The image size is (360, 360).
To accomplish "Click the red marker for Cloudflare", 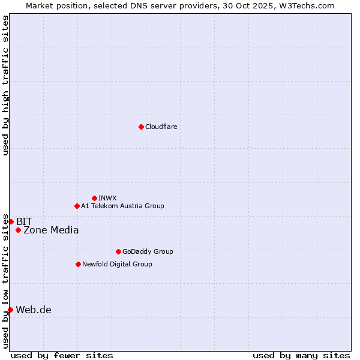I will point(141,127).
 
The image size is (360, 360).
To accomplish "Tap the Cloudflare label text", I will point(161,127).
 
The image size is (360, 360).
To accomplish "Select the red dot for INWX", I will point(94,198).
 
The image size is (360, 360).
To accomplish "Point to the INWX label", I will point(107,198).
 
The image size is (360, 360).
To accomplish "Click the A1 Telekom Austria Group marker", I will point(77,206).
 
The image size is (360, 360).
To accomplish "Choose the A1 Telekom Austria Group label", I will point(122,206).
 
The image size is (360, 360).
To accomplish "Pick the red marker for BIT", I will point(11,221).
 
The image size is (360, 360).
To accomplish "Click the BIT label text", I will point(24,221).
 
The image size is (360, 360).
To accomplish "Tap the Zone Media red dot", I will point(18,230).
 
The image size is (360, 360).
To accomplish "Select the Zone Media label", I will point(51,230).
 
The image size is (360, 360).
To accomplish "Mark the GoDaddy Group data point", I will point(118,251).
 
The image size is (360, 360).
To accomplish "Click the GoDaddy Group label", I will point(148,251).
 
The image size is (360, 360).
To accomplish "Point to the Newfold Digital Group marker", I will point(78,264).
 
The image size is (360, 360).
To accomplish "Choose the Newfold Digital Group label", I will point(117,264).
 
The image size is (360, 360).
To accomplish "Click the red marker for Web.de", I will point(10,310).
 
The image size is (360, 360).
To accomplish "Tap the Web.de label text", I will point(34,310).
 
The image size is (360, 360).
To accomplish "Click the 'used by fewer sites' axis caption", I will point(62,355).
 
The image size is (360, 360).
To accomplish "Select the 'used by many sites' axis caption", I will point(301,355).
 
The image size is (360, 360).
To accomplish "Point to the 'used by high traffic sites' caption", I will point(5,85).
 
